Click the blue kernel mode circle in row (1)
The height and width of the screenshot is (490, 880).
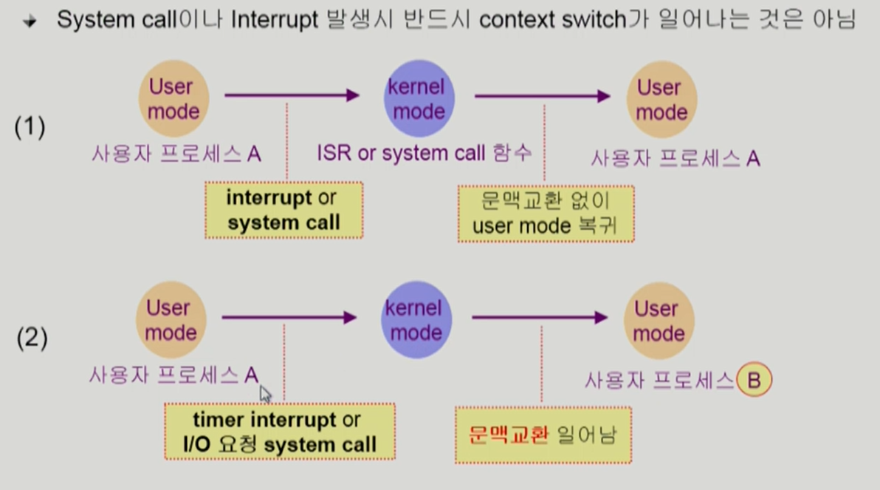point(418,99)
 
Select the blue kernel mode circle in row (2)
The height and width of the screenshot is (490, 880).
point(416,320)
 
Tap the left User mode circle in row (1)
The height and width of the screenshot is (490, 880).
point(173,99)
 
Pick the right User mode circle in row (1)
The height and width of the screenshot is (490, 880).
point(661,100)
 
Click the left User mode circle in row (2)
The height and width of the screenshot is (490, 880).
point(171,320)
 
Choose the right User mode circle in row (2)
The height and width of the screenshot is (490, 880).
point(659,321)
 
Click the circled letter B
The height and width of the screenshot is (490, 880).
point(754,381)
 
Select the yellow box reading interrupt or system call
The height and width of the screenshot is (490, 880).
point(283,210)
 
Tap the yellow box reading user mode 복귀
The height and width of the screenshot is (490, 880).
point(546,213)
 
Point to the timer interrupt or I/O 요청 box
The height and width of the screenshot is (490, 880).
point(279,432)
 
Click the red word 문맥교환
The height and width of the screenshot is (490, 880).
point(509,434)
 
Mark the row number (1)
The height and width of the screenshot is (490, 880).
point(30,127)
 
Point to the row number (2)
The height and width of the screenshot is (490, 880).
point(32,338)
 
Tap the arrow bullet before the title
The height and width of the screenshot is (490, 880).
point(30,21)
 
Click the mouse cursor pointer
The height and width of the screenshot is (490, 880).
point(265,393)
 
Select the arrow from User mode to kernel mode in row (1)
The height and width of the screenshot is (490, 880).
point(292,95)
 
